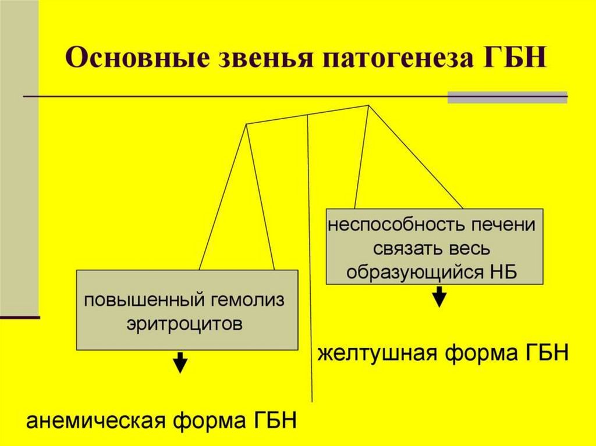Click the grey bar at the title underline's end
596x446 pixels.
[x=507, y=97]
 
